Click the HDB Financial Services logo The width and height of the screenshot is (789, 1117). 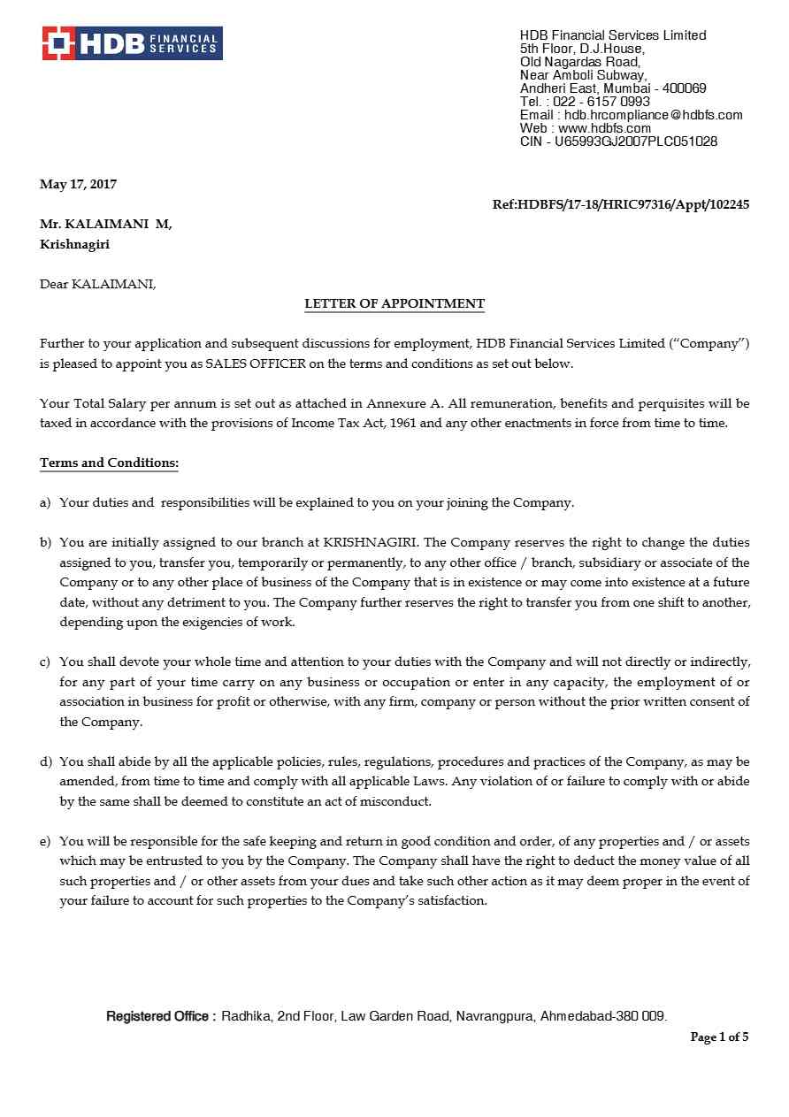tap(132, 43)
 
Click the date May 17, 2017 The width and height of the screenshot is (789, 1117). tap(78, 184)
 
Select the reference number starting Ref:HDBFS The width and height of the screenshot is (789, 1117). tap(620, 204)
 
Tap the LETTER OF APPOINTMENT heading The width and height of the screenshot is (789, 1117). tap(394, 303)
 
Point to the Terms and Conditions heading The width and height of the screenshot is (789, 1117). tap(109, 463)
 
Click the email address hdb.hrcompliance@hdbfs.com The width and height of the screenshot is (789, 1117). tap(653, 115)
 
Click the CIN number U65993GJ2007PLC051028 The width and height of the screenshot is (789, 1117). tap(636, 142)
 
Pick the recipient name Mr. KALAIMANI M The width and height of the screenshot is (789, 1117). tap(105, 225)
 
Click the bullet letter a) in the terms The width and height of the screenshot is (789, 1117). tap(45, 502)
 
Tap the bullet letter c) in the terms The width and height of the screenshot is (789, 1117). tap(45, 662)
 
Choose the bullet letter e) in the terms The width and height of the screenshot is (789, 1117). tap(45, 841)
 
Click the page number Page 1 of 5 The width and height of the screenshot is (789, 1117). tap(719, 1037)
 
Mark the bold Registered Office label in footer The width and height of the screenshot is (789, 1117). tap(161, 1016)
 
